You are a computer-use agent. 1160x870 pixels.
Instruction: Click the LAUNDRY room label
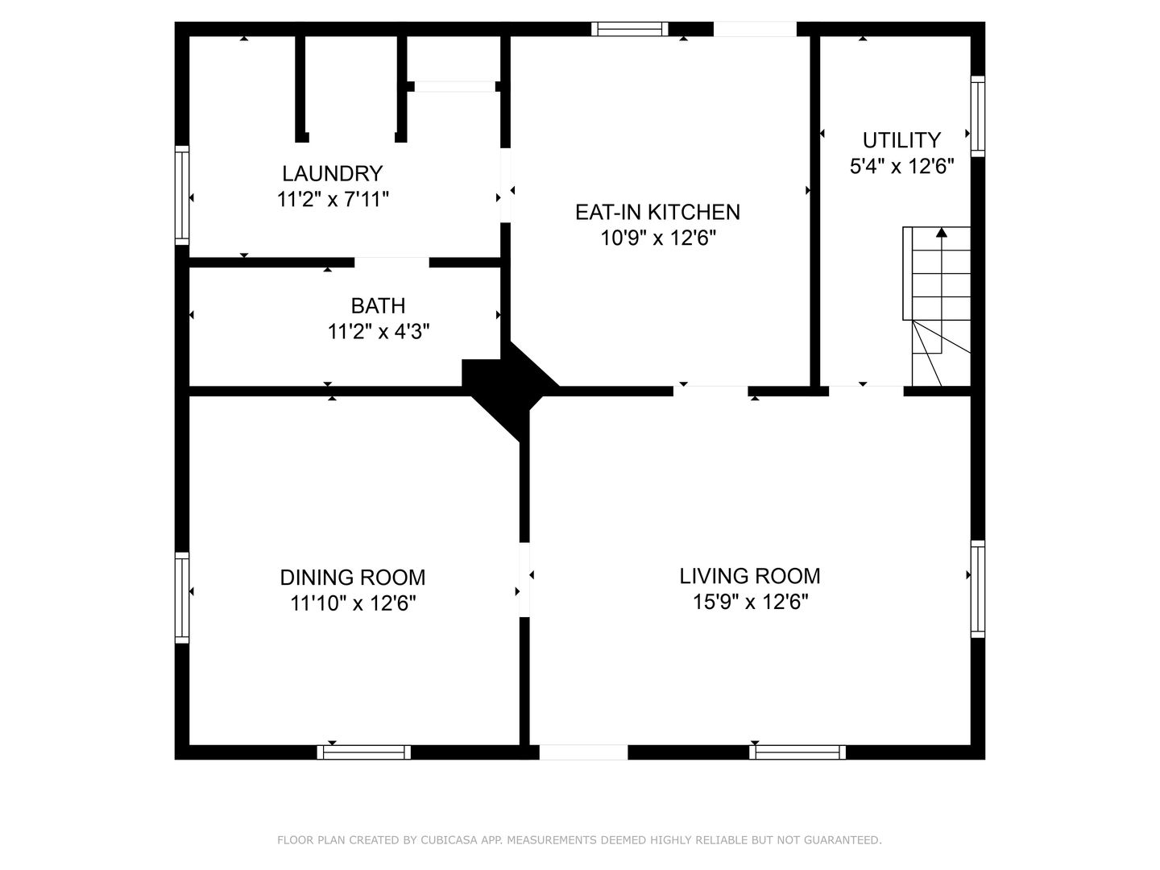pos(333,173)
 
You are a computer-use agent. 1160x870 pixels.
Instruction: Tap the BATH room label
pos(379,306)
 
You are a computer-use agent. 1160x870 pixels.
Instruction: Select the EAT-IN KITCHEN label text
pos(657,213)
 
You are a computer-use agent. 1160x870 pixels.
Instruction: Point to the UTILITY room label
pos(901,140)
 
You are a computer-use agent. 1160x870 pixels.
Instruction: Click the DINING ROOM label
pos(353,578)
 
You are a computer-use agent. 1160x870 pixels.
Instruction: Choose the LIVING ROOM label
pos(750,576)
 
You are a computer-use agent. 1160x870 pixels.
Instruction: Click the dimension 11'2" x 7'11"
pos(333,200)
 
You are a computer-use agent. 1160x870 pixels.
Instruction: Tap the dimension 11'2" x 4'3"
pos(379,332)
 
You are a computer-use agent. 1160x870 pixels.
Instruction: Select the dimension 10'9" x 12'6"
pos(658,238)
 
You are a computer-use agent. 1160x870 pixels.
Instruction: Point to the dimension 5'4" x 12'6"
pos(901,167)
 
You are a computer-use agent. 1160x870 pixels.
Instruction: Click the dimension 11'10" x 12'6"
pos(353,603)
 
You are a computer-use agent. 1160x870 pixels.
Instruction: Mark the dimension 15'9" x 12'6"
pos(751,602)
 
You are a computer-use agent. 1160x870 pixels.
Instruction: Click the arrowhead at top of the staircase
pos(941,232)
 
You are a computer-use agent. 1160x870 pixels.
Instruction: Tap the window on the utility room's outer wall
pos(978,116)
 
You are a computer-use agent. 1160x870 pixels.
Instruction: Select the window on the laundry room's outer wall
pos(182,196)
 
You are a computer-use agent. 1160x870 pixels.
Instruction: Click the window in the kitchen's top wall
pos(629,29)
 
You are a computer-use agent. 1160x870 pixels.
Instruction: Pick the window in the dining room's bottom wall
pos(363,752)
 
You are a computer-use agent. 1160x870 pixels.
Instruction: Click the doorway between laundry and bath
pos(391,263)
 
